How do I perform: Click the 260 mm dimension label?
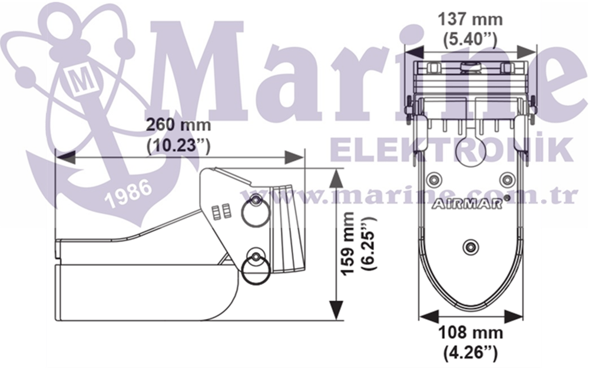[x=178, y=124]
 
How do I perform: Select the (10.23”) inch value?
[x=178, y=145]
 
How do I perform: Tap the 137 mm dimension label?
[x=470, y=19]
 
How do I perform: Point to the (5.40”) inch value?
[x=470, y=39]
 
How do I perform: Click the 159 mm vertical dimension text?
[x=348, y=243]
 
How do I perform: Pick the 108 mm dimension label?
[x=470, y=332]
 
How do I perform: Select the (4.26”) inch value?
[x=470, y=353]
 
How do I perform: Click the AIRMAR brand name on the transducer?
[x=467, y=204]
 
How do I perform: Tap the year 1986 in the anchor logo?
[x=128, y=193]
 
